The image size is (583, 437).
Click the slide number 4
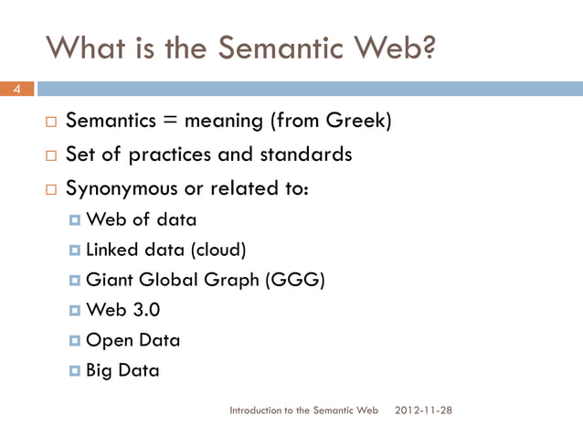tap(16, 89)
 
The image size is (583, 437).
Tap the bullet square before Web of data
tap(75, 220)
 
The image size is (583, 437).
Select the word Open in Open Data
tap(108, 340)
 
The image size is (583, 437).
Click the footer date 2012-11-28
tap(421, 410)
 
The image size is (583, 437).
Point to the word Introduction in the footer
tap(255, 410)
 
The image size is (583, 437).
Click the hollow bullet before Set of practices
tap(52, 155)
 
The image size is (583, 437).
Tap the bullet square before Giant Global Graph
tap(75, 281)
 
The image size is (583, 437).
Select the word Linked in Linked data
tap(110, 250)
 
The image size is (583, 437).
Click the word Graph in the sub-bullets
tap(234, 280)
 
